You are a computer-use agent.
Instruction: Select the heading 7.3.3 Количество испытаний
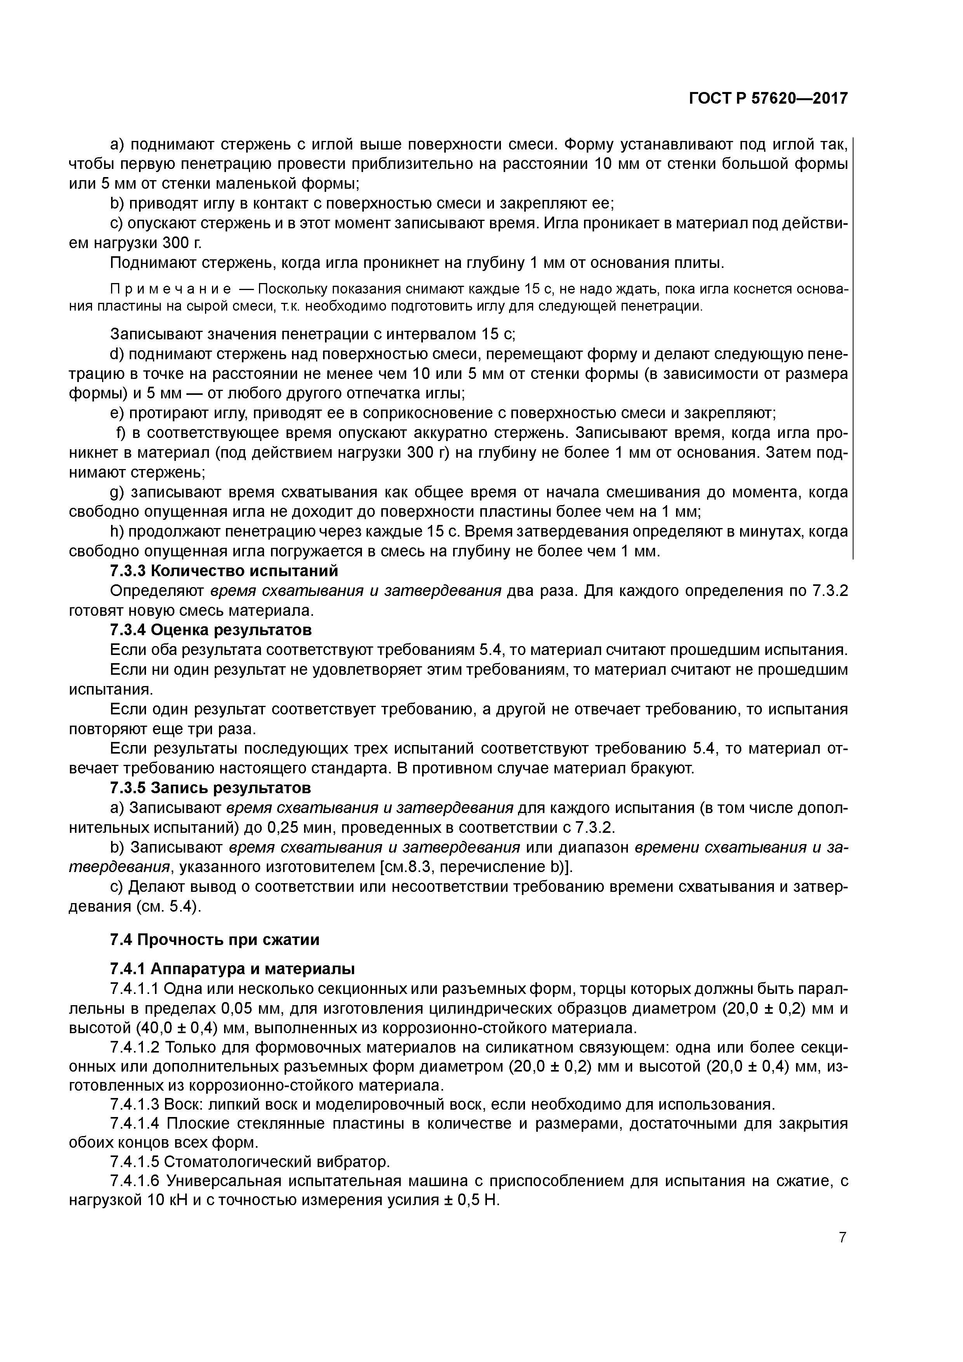tap(224, 571)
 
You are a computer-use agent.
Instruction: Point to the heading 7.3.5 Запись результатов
tap(210, 788)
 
